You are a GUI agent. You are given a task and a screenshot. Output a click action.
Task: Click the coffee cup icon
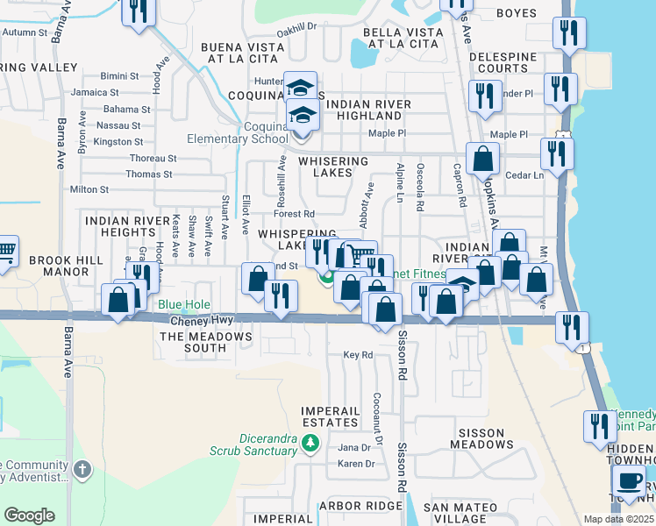tap(627, 480)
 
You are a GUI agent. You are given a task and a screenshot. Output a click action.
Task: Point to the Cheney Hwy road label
tap(201, 321)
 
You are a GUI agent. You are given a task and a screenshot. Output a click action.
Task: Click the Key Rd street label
tap(358, 355)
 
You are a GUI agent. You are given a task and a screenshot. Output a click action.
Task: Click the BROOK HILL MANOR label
tap(60, 267)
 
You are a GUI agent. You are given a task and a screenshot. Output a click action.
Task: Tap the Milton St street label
tap(89, 189)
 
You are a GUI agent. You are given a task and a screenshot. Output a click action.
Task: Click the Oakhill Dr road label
tap(296, 27)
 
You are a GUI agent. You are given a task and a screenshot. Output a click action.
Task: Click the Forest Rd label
tap(294, 213)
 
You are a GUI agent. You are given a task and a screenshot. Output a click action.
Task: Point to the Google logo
tap(29, 515)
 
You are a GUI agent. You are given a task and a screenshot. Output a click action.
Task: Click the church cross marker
tap(82, 470)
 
